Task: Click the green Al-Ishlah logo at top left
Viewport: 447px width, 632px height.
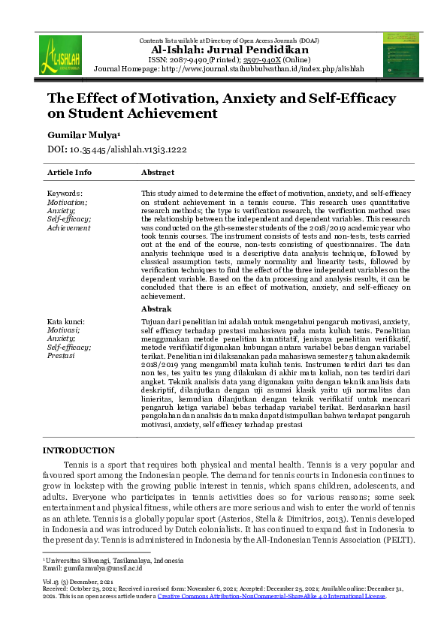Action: pyautogui.click(x=60, y=54)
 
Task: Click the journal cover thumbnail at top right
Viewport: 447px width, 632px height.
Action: pyautogui.click(x=400, y=54)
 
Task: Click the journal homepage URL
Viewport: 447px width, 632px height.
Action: pyautogui.click(x=268, y=68)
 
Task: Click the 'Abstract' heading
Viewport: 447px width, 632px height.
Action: pyautogui.click(x=158, y=172)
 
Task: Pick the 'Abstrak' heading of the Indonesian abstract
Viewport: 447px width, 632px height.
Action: pyautogui.click(x=156, y=308)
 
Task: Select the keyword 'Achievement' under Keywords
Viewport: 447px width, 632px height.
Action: pyautogui.click(x=69, y=227)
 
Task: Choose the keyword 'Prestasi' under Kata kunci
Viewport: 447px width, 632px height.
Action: pyautogui.click(x=62, y=355)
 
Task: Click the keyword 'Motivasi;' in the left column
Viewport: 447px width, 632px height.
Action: pyautogui.click(x=65, y=330)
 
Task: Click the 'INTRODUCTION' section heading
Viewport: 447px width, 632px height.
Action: pyautogui.click(x=79, y=450)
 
